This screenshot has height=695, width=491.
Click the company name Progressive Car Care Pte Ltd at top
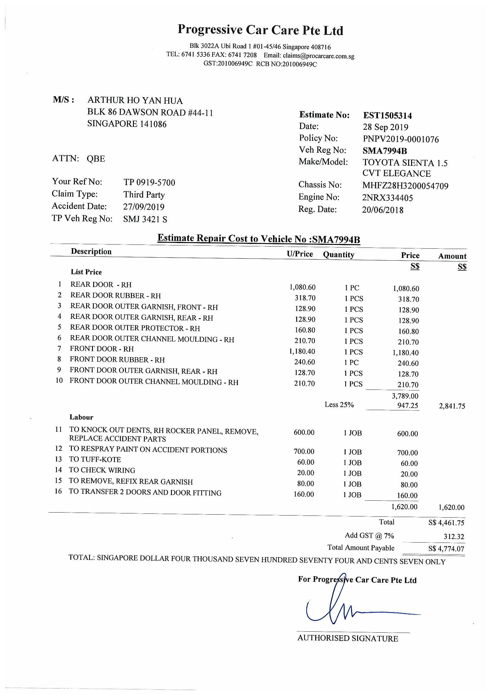pos(260,30)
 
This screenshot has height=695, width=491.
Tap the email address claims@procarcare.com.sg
pos(318,56)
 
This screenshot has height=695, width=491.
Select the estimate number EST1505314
pos(387,115)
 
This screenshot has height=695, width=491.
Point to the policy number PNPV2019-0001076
pos(400,139)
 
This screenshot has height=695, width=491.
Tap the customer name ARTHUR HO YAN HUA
pos(135,100)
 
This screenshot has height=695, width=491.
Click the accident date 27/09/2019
pos(144,207)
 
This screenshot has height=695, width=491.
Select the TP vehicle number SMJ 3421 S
pos(145,219)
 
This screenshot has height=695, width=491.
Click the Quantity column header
pos(338,255)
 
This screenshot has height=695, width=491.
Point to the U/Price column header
pos(300,254)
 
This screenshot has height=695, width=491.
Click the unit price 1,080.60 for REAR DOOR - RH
pos(302,287)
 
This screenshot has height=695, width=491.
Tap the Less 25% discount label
pos(339,405)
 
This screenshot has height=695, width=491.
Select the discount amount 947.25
pos(408,406)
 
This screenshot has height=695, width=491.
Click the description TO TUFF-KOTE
pos(95,459)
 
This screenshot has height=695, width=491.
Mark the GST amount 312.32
pos(454,537)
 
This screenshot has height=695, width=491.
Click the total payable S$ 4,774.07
pos(446,549)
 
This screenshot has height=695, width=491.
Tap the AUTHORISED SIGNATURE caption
pos(348,638)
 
